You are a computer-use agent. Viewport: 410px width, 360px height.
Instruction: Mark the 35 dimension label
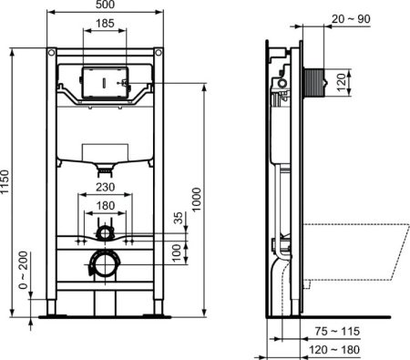click(x=179, y=219)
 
